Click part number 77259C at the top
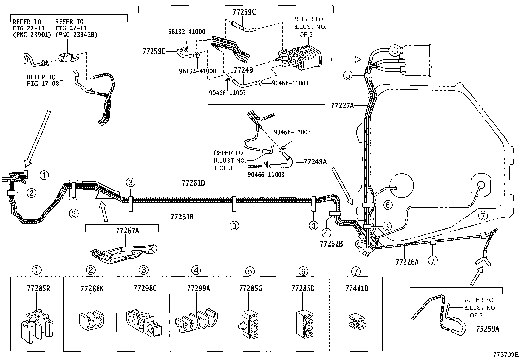pyautogui.click(x=244, y=12)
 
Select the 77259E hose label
pyautogui.click(x=154, y=51)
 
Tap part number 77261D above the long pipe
pyautogui.click(x=193, y=183)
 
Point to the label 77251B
pyautogui.click(x=182, y=217)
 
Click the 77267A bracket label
pyautogui.click(x=127, y=231)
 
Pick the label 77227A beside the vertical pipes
pyautogui.click(x=343, y=106)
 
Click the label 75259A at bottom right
pyautogui.click(x=488, y=329)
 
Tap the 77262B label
pyautogui.click(x=331, y=244)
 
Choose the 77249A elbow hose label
pyautogui.click(x=315, y=161)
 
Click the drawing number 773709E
pyautogui.click(x=506, y=354)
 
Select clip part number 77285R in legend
pyautogui.click(x=37, y=288)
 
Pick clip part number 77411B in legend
pyautogui.click(x=357, y=288)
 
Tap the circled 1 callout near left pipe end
pyautogui.click(x=45, y=175)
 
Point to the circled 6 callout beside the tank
pyautogui.click(x=387, y=205)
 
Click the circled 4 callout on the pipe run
pyautogui.click(x=326, y=233)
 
